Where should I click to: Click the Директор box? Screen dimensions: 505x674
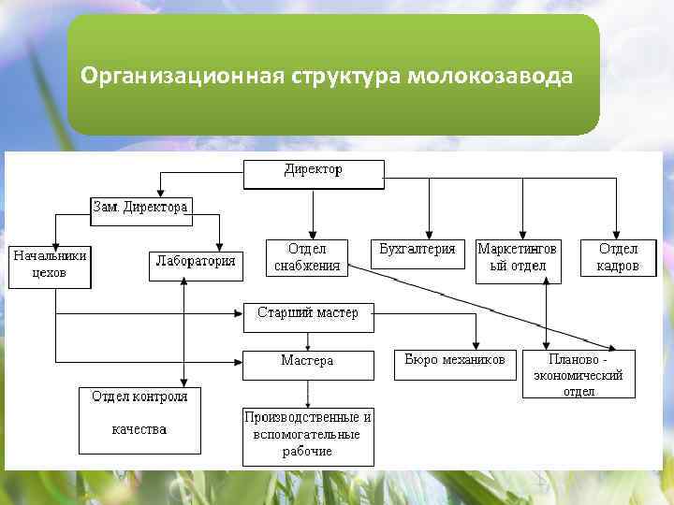pyautogui.click(x=314, y=173)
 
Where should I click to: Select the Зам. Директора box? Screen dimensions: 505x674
pyautogui.click(x=140, y=209)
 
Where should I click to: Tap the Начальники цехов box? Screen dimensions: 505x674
pyautogui.click(x=50, y=266)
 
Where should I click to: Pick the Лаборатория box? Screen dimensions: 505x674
pyautogui.click(x=195, y=265)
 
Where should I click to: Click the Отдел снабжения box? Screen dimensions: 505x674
pyautogui.click(x=307, y=258)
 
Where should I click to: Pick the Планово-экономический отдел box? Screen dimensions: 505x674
pyautogui.click(x=578, y=375)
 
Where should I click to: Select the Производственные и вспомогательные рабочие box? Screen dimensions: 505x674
pyautogui.click(x=307, y=435)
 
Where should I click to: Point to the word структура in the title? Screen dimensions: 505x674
pyautogui.click(x=347, y=75)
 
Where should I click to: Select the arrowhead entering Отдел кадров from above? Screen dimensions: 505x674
pyautogui.click(x=617, y=236)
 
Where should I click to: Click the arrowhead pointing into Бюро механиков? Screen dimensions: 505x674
pyautogui.click(x=476, y=347)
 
